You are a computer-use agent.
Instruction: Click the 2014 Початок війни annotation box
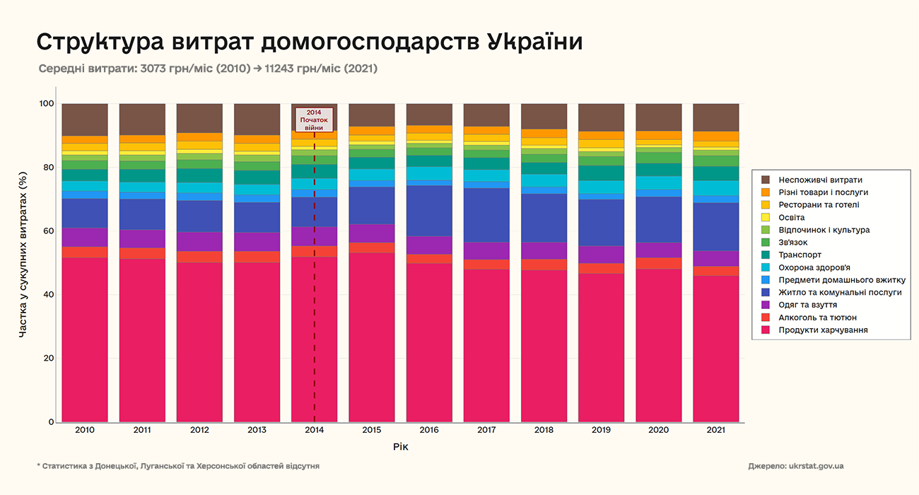(x=314, y=120)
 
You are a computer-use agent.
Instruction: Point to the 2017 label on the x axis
(x=486, y=430)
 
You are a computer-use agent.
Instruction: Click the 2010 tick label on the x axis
(x=85, y=430)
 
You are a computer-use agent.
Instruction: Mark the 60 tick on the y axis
(x=47, y=231)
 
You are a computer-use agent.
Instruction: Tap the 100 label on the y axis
(x=45, y=104)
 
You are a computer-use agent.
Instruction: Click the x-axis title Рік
(x=400, y=447)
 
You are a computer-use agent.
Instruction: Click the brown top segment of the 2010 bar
(x=85, y=120)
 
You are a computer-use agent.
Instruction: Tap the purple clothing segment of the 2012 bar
(x=199, y=241)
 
